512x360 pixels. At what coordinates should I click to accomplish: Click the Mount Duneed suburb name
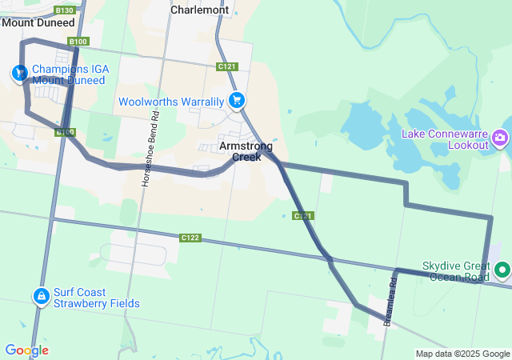point(38,22)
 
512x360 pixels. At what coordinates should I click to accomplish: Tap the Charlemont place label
point(200,10)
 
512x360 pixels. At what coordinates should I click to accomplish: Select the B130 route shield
point(66,10)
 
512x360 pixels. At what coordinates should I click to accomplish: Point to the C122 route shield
point(190,238)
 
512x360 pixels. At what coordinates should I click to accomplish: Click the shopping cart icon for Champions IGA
point(18,73)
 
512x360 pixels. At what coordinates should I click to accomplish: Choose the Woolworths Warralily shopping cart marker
point(236,101)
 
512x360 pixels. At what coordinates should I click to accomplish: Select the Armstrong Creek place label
point(246,151)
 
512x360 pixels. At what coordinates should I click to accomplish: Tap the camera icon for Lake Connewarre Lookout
point(501,138)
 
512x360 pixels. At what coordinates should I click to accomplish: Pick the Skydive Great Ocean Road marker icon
point(502,270)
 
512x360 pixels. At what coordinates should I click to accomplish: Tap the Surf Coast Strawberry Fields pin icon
point(40,297)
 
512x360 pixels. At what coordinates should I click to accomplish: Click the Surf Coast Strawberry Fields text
point(97,298)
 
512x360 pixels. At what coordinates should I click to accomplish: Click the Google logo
point(26,350)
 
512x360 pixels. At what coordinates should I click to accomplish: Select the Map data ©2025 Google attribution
point(462,354)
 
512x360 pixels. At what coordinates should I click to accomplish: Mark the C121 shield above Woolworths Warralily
point(226,66)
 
